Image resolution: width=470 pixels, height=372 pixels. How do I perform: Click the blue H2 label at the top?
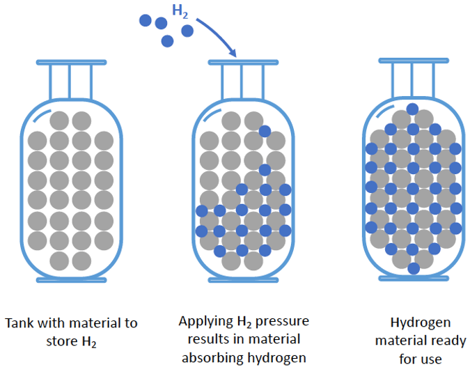pos(181,11)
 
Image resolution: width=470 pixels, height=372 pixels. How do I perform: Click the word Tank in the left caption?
pos(19,323)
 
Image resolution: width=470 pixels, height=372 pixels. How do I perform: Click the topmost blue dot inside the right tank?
pos(413,109)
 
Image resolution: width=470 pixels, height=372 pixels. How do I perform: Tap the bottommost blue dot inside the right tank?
pos(413,268)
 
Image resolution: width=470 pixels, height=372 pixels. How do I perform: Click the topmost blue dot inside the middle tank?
pos(265,130)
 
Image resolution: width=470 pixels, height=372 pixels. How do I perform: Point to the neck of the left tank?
pos(70,80)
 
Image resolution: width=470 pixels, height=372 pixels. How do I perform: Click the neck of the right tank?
pos(412,78)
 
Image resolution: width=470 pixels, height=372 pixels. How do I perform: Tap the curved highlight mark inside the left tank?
pos(42,111)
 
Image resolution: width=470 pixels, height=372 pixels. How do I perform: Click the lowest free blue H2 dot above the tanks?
pos(167,40)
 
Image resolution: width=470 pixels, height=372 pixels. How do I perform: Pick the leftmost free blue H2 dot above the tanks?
pos(145,20)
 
